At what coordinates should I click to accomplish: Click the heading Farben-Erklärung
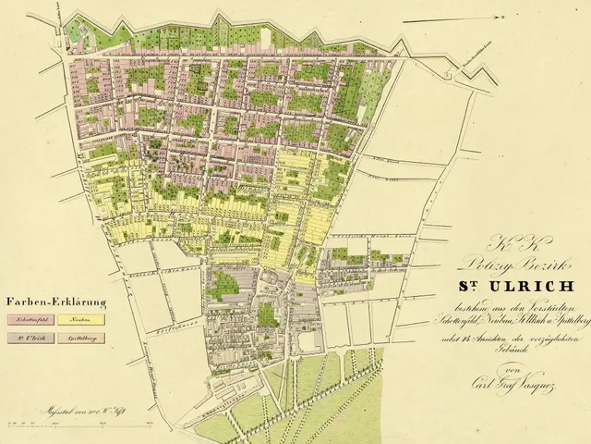tap(56, 302)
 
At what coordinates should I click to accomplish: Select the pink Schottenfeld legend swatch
tap(30, 319)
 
